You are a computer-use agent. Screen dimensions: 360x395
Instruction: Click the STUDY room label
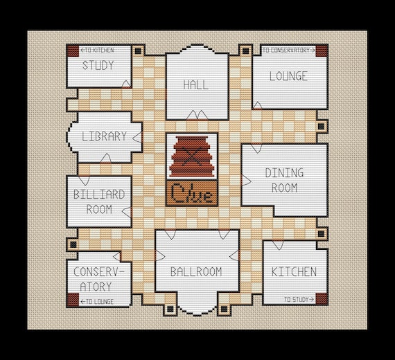pyautogui.click(x=98, y=66)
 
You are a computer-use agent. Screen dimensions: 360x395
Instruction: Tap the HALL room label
pyautogui.click(x=196, y=85)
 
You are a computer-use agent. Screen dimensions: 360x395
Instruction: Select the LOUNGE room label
pyautogui.click(x=289, y=76)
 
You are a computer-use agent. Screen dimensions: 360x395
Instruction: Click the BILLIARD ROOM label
pyautogui.click(x=99, y=201)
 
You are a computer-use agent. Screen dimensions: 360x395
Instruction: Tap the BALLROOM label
pyautogui.click(x=196, y=272)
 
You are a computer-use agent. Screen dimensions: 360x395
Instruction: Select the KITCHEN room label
pyautogui.click(x=294, y=271)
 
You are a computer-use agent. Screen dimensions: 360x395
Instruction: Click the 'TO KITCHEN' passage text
pyautogui.click(x=97, y=51)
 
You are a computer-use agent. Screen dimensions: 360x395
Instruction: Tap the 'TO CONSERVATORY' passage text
pyautogui.click(x=288, y=51)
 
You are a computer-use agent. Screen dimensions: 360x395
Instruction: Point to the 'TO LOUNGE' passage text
pyautogui.click(x=97, y=301)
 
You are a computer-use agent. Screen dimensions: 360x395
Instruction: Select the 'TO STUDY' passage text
pyautogui.click(x=297, y=299)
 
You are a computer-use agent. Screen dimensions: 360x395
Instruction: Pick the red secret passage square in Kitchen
pyautogui.click(x=321, y=298)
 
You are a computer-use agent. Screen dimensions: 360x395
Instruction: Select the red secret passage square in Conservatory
pyautogui.click(x=72, y=300)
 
